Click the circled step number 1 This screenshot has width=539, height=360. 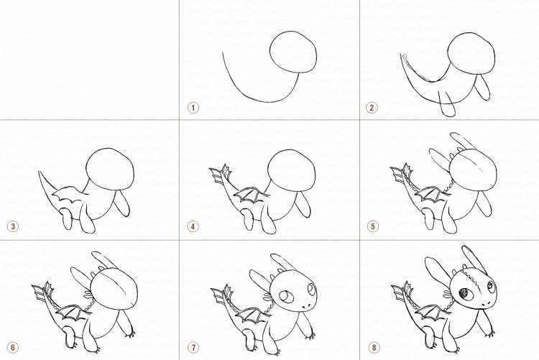pyautogui.click(x=193, y=108)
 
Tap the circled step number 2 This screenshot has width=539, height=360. pyautogui.click(x=372, y=108)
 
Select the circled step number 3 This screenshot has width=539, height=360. pyautogui.click(x=13, y=226)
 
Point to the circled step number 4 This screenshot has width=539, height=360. pyautogui.click(x=193, y=226)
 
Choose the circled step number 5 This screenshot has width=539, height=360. pyautogui.click(x=372, y=226)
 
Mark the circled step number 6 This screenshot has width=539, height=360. pyautogui.click(x=13, y=348)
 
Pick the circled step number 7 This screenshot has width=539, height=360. pyautogui.click(x=193, y=348)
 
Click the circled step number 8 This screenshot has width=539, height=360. pyautogui.click(x=374, y=348)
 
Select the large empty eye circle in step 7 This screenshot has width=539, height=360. pyautogui.click(x=285, y=296)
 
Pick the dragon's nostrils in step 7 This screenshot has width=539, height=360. pyautogui.click(x=306, y=307)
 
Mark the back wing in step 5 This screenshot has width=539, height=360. pyautogui.click(x=430, y=193)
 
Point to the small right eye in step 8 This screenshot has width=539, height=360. pyautogui.click(x=491, y=285)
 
